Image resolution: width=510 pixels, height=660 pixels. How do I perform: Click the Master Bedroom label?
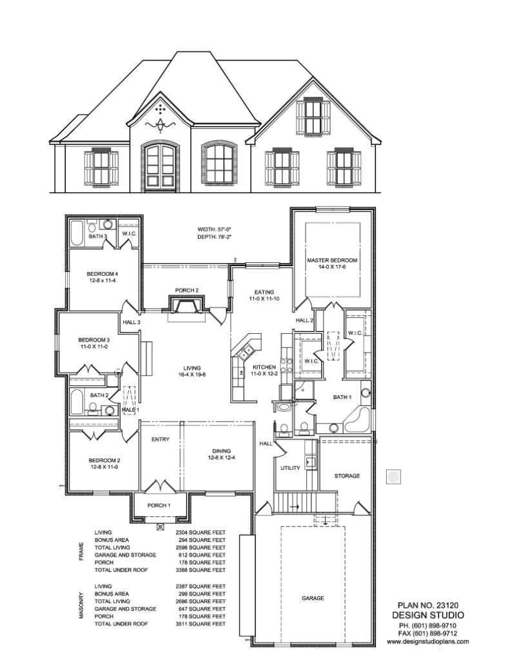pos(331,260)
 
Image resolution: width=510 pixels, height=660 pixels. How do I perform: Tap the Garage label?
pos(313,598)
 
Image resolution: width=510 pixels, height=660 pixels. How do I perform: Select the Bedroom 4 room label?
pos(102,273)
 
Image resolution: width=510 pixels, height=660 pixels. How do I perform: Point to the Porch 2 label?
pos(186,289)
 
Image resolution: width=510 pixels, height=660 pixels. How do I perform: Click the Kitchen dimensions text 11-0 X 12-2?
pos(264,374)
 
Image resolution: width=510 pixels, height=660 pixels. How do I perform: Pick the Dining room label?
pos(221,451)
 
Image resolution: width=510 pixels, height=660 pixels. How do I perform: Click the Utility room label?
pos(290,468)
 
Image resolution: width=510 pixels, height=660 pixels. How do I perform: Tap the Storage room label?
pos(347,476)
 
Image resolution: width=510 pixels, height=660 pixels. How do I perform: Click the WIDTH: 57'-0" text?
pos(213,229)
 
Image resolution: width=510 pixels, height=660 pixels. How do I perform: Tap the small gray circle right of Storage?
pos(393,477)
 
